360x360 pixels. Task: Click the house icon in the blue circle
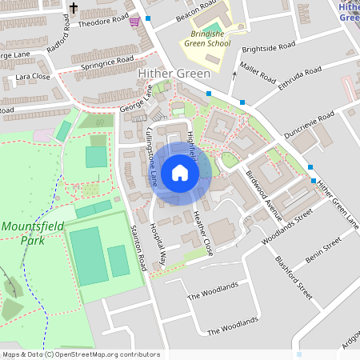pyautogui.click(x=180, y=173)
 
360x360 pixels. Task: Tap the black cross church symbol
pyautogui.click(x=74, y=10)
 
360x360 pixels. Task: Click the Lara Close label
pyautogui.click(x=33, y=78)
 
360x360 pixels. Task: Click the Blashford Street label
pyautogui.click(x=293, y=278)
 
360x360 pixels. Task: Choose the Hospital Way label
pyautogui.click(x=163, y=247)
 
